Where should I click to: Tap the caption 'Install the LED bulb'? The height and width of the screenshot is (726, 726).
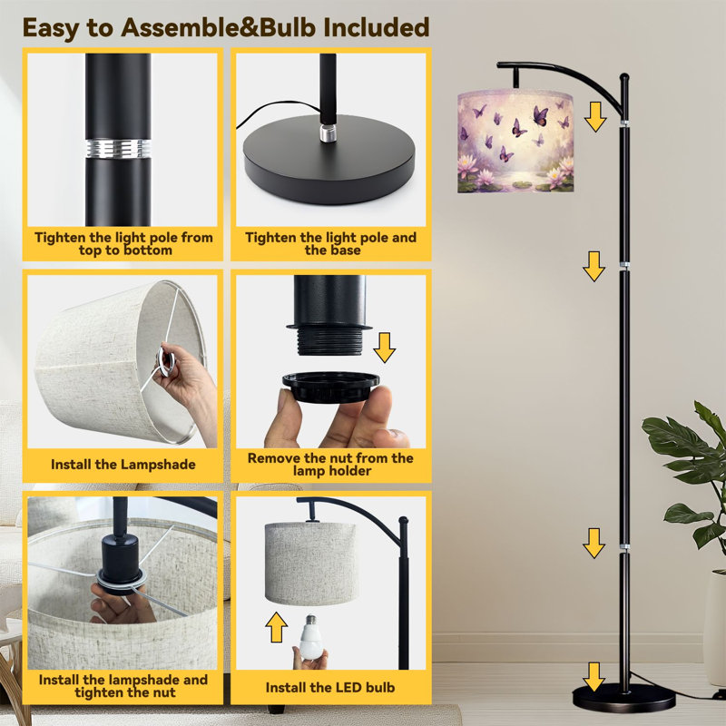(x=330, y=688)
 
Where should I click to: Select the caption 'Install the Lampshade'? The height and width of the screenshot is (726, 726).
(x=123, y=465)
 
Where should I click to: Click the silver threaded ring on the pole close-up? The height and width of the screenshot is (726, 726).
(x=118, y=148)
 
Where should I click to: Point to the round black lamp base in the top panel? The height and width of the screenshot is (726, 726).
(x=329, y=158)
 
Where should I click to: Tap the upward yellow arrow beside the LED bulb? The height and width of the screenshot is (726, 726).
(x=277, y=627)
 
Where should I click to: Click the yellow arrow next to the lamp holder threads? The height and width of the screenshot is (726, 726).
(x=384, y=348)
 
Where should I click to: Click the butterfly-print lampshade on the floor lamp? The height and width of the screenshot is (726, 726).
(x=515, y=142)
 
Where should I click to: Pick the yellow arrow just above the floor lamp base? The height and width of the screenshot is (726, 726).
(x=594, y=676)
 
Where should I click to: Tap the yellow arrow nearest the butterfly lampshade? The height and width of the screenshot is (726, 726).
(x=595, y=117)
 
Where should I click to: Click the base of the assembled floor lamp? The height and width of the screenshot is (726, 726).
(x=623, y=697)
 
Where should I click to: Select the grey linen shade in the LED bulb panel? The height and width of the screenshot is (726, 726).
(x=311, y=563)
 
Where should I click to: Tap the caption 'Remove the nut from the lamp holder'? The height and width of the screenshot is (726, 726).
(x=331, y=465)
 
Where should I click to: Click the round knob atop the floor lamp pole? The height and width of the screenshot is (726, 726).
(x=624, y=77)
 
